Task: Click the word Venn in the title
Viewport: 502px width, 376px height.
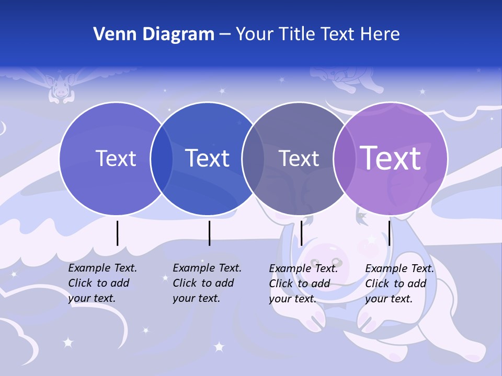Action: click(109, 34)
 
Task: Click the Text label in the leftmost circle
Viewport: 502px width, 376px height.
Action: click(116, 158)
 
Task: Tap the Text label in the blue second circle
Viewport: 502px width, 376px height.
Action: click(207, 158)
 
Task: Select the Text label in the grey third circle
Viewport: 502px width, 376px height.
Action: click(299, 158)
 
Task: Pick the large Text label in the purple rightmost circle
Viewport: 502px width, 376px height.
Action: click(391, 158)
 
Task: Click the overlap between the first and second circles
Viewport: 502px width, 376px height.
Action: click(162, 159)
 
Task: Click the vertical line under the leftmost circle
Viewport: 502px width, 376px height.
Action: click(117, 233)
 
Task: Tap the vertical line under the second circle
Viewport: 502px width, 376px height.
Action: click(209, 233)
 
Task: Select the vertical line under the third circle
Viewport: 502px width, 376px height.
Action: click(301, 233)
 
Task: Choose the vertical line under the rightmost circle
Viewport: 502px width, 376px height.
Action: click(389, 233)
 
